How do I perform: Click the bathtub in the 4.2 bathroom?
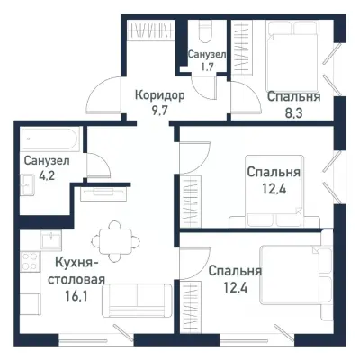tap(50, 139)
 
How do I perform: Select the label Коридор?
tap(160, 94)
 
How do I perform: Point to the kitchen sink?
tap(49, 239)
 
